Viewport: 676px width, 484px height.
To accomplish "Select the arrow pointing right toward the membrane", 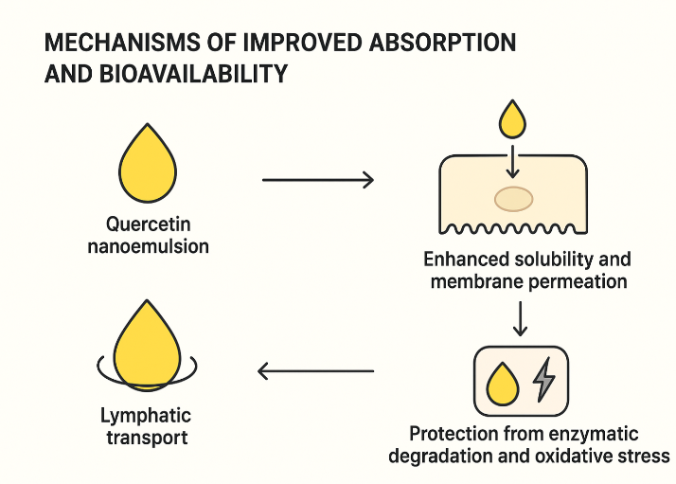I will [317, 179].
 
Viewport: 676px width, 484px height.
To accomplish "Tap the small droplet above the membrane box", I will [513, 120].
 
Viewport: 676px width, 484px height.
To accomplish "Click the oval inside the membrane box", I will [514, 198].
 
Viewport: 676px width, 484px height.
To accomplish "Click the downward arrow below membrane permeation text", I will [520, 319].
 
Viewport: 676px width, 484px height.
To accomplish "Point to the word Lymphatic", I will [146, 416].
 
